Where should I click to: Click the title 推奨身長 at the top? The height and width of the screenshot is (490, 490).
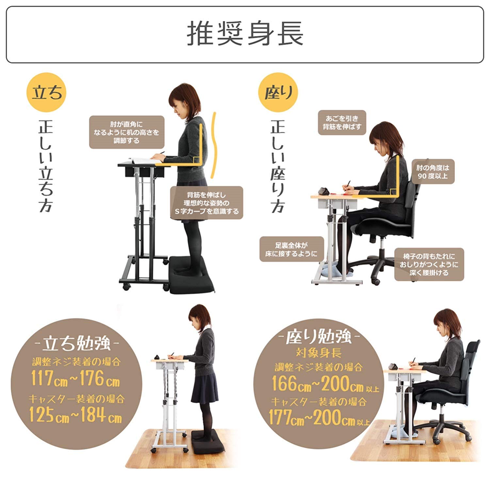[245, 34]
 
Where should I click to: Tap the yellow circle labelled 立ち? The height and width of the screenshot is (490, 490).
[46, 93]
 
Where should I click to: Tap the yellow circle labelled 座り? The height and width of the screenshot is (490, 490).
[278, 93]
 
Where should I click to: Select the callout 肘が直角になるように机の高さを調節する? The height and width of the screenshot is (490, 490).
[126, 132]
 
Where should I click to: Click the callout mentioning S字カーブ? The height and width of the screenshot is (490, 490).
[206, 203]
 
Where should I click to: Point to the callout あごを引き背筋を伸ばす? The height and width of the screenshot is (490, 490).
[342, 122]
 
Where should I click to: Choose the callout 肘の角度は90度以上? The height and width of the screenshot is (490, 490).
[433, 172]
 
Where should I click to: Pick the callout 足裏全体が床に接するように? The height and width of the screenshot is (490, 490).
[291, 249]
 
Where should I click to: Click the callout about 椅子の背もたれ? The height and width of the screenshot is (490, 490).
[429, 264]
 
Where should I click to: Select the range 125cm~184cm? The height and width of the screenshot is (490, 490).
[75, 415]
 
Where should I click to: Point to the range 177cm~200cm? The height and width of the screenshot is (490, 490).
[312, 418]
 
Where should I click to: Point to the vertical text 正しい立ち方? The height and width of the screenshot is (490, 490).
[46, 167]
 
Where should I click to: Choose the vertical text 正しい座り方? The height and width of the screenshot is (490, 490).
[278, 167]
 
